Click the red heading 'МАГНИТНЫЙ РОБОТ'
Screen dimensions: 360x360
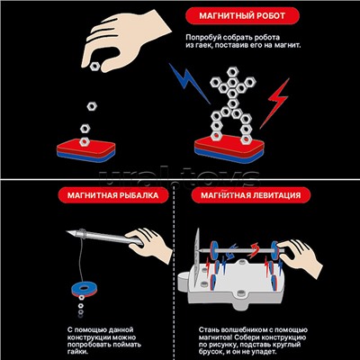pos(242,15)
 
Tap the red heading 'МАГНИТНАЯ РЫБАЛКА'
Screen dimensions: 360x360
pos(112,195)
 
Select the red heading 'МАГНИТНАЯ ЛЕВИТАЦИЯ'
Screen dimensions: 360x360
pos(250,195)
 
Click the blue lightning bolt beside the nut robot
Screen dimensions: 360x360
pos(188,83)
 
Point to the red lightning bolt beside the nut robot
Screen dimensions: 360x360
pos(275,102)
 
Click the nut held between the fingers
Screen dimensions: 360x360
pos(94,66)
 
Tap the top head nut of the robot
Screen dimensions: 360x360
pos(232,72)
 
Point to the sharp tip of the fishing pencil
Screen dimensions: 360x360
pos(67,231)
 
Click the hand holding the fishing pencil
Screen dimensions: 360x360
pos(149,245)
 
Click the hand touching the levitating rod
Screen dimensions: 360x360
pos(301,256)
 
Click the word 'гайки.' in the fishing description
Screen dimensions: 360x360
pos(76,352)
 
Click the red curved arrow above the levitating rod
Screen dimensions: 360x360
pos(254,250)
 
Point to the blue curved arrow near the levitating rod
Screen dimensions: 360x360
pos(231,251)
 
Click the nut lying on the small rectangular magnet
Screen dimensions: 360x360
pos(85,141)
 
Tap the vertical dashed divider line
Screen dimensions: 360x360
pos(174,270)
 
